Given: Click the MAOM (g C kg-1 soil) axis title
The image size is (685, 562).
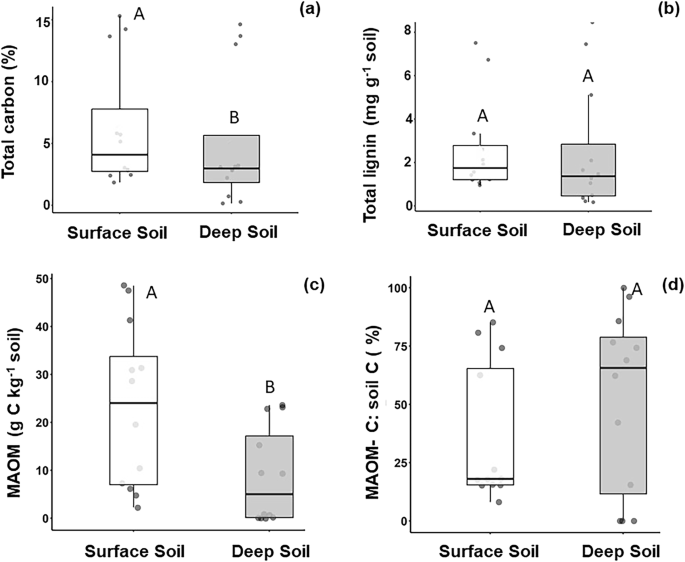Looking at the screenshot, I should [13, 400].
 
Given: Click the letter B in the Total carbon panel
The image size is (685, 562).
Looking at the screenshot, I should [234, 118].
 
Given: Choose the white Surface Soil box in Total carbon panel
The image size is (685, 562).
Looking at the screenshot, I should [120, 140].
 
